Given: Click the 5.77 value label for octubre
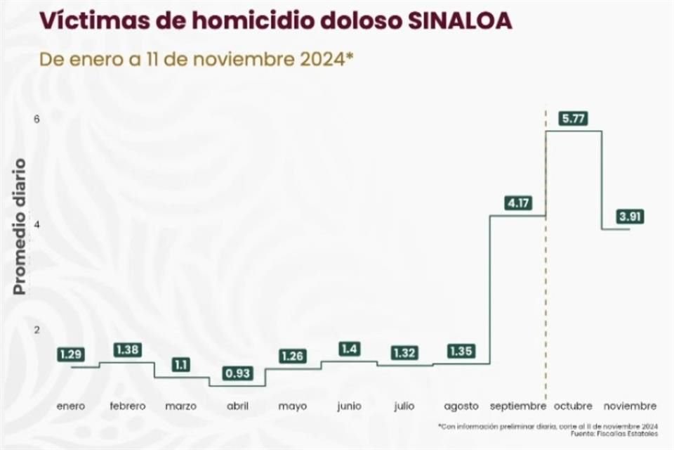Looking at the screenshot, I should tap(574, 119).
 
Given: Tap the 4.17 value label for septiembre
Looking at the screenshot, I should tap(517, 204).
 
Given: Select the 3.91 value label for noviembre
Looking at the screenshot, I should tap(629, 217).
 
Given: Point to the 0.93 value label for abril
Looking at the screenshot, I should tap(237, 373).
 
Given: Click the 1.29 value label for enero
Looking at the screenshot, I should tap(71, 354).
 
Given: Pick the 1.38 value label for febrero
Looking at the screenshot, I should tap(128, 349).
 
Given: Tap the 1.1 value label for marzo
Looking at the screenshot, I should tap(181, 365).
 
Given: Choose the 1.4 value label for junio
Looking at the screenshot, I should tap(349, 349).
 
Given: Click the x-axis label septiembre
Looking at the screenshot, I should tap(517, 406).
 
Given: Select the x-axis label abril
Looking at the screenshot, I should tap(237, 406).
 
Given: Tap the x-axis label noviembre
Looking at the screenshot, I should tap(629, 406).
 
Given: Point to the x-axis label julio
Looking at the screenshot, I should tap(405, 406).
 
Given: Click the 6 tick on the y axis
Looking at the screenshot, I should tap(37, 119).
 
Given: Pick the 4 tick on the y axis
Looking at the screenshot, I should tap(37, 224).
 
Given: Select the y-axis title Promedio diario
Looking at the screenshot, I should tap(20, 226).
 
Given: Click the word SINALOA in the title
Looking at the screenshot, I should tap(459, 20).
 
